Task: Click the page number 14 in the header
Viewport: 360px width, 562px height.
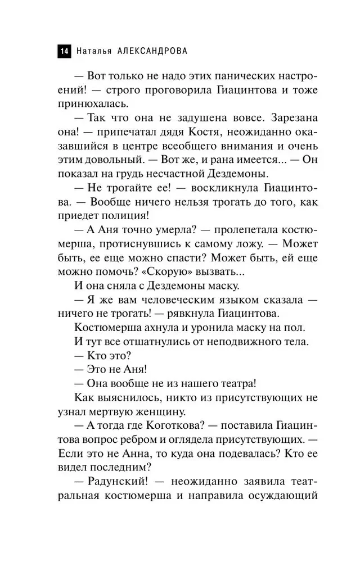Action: click(x=62, y=51)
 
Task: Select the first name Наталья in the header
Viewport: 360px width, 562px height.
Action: click(x=93, y=51)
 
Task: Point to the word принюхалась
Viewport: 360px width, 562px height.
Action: click(x=92, y=104)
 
